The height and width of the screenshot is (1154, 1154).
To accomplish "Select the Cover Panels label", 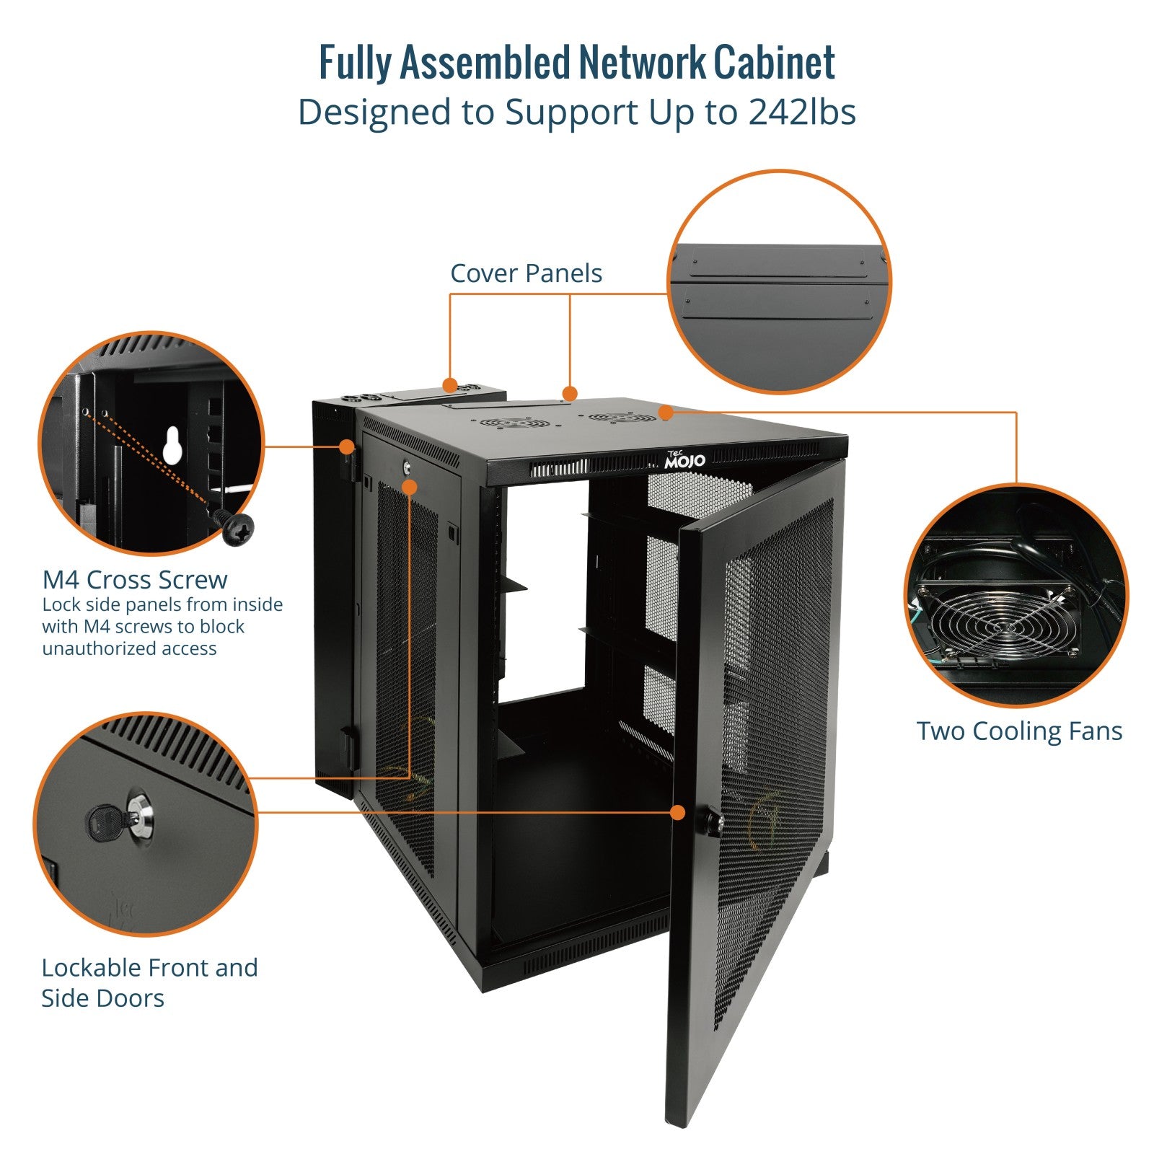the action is pos(526,273).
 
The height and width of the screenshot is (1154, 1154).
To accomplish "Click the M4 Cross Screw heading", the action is pos(135,580).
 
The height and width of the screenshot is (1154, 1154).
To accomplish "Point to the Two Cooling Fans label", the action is pos(1019,731).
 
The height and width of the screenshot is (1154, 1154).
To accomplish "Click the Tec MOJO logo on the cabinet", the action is pos(684,459).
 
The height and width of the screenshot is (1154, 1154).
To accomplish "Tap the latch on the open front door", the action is pos(714,823).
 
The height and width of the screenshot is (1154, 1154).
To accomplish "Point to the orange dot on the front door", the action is pos(677,813).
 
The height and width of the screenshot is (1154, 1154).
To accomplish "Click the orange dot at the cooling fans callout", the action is pos(666,413).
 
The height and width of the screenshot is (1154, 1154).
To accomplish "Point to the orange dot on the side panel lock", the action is pos(410,487).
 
